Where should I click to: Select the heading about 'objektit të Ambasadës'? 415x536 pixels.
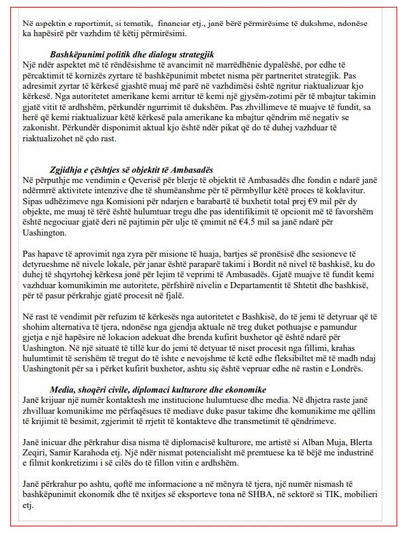point(132,169)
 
